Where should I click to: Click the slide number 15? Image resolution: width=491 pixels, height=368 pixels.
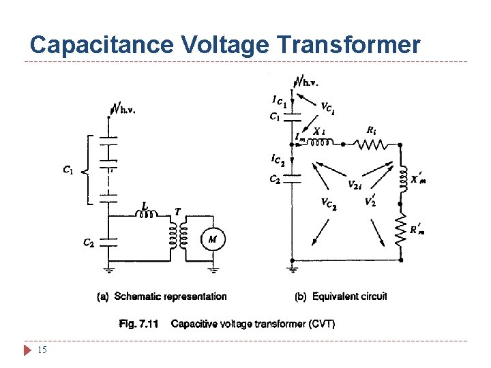[x=42, y=350]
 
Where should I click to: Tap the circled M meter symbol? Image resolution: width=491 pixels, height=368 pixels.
[x=212, y=239]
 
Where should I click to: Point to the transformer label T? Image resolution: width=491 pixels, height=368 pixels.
[x=178, y=212]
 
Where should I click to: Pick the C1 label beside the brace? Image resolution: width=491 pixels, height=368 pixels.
[x=68, y=170]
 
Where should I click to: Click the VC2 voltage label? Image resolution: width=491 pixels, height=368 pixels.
[x=329, y=203]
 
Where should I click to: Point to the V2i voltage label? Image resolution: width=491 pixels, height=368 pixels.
[x=355, y=184]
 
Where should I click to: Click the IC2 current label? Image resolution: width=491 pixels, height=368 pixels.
[x=278, y=159]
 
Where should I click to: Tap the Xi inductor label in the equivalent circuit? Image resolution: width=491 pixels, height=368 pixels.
[x=320, y=131]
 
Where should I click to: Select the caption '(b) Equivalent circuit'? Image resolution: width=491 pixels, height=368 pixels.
[x=341, y=296]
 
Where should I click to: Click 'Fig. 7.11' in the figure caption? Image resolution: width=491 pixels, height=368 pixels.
[x=138, y=324]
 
